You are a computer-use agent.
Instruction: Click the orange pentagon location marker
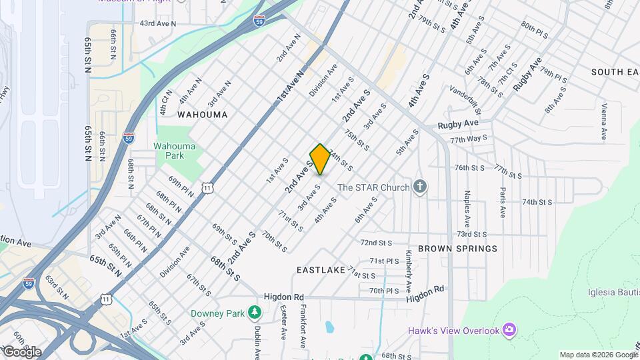coord(320,159)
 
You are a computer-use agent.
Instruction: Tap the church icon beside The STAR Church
coord(419,187)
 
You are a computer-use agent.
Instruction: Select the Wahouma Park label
coord(174,151)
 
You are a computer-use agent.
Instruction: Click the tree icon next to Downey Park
coord(254,312)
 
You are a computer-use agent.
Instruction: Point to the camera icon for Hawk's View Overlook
coord(510,330)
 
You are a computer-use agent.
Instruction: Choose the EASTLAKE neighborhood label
coord(321,270)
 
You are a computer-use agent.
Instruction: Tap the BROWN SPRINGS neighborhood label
coord(457,249)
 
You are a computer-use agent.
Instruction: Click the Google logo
coord(21,352)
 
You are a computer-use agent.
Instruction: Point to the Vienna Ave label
coord(604,121)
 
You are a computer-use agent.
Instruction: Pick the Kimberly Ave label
coord(408,273)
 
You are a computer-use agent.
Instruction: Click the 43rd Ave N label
coord(157,23)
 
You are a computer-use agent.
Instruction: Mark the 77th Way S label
coord(467,141)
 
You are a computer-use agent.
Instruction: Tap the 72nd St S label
coord(376,243)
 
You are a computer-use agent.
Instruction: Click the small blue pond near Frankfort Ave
coord(329,327)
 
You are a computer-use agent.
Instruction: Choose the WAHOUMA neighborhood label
coord(203,115)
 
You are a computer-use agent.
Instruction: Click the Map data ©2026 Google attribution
coord(598,355)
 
